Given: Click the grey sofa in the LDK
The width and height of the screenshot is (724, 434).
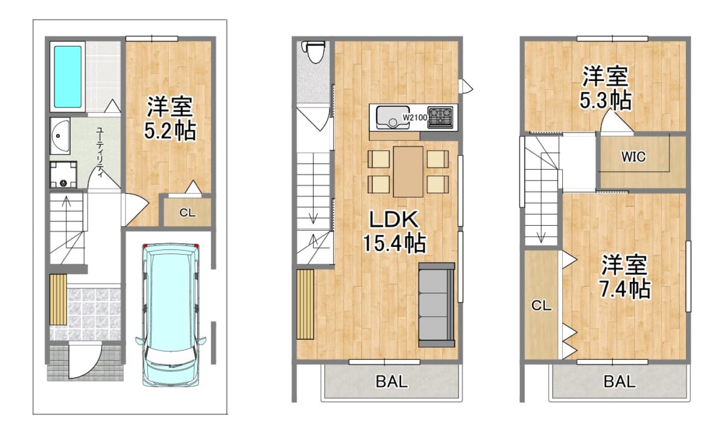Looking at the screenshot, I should pos(436,305).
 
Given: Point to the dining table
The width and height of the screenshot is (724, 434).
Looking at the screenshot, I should pos(408,171).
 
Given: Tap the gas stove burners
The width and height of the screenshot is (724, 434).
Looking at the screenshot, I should pos(440,117).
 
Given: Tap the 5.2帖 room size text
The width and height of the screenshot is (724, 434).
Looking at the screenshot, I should pos(170,130).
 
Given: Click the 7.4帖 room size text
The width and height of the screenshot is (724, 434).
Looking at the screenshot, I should pos(624,289).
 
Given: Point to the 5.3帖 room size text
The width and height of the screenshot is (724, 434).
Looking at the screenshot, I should pos(606,100).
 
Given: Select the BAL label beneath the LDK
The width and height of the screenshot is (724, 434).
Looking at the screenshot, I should pos(392,381).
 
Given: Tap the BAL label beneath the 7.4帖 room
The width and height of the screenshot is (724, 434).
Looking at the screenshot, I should pos(619,381).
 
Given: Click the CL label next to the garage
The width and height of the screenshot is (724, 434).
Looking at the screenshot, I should pos(188,212).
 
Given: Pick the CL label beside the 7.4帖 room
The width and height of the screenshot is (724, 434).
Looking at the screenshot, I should pos(541,306).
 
